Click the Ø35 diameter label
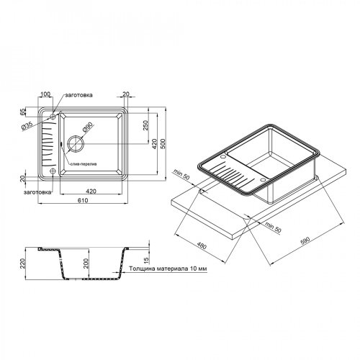(x=27, y=126)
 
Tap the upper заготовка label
(x=77, y=96)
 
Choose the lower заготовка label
(x=36, y=193)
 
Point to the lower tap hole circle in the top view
(x=53, y=170)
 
